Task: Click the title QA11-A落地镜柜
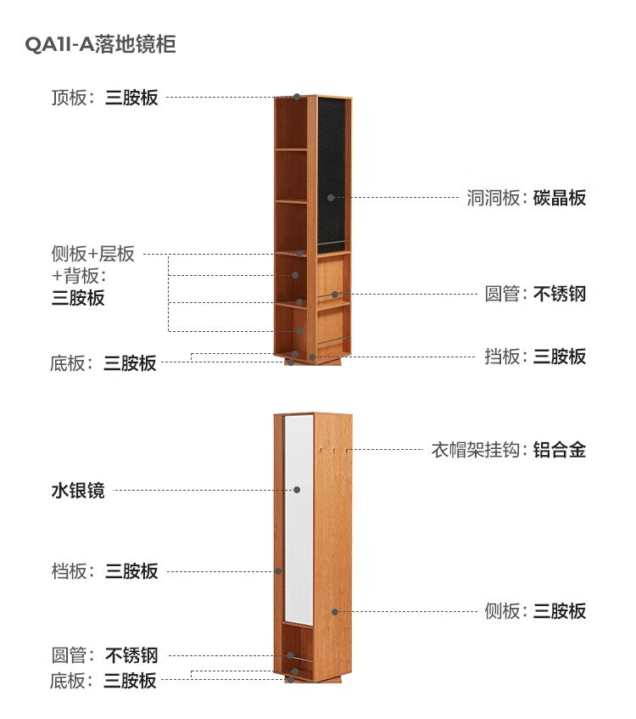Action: [100, 44]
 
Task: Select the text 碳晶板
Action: [560, 198]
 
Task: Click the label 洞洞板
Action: [494, 198]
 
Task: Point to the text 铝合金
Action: [560, 450]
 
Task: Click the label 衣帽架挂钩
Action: [476, 450]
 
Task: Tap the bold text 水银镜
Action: [78, 490]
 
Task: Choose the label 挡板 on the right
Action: [503, 357]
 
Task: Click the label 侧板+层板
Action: [93, 254]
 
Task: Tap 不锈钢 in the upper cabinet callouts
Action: [560, 294]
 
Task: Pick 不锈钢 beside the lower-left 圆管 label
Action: [131, 655]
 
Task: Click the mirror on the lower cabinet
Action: [298, 520]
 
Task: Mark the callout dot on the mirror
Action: [297, 490]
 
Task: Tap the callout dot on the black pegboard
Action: [331, 198]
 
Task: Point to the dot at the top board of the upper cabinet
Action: [297, 97]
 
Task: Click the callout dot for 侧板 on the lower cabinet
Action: [335, 612]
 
